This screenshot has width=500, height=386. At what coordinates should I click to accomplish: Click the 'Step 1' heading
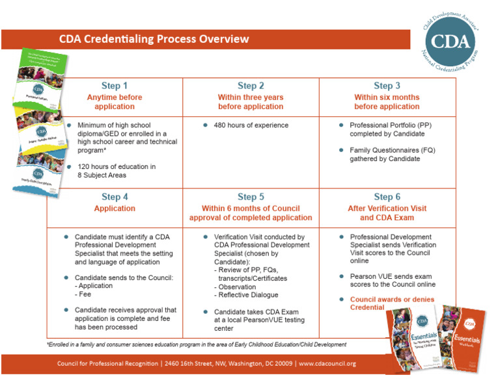tap(115, 86)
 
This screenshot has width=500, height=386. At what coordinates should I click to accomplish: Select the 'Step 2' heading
tap(251, 86)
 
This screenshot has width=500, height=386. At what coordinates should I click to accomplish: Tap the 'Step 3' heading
tap(387, 86)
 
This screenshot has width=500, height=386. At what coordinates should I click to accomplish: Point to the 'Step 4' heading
tap(115, 197)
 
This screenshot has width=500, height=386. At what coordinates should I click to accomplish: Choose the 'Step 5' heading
tap(251, 197)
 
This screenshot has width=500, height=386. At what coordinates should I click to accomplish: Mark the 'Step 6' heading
tap(387, 197)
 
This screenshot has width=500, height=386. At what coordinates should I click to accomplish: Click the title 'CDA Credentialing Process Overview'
tap(154, 39)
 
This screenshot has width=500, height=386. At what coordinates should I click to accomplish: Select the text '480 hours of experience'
tap(251, 125)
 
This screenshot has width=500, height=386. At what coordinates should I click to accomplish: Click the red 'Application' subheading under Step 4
tap(115, 209)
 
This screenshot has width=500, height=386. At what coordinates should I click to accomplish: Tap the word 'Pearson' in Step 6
tap(366, 276)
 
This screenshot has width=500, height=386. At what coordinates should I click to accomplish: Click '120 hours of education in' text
tap(117, 167)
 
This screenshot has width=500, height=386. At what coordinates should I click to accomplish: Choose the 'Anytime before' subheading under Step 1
tap(115, 97)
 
